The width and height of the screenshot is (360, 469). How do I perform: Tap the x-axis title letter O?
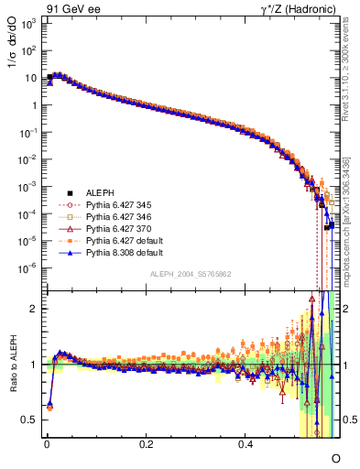coord(335,457)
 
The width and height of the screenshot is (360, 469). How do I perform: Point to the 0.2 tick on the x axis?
coord(147,444)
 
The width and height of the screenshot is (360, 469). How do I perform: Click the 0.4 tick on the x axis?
coord(245,444)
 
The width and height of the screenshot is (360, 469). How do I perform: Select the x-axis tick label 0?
coord(47,444)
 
